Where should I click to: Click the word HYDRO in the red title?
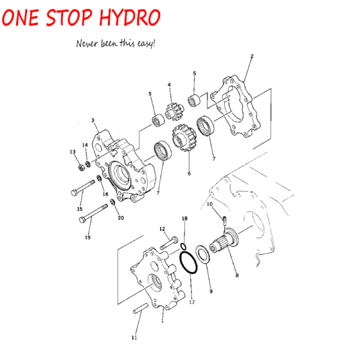point(130,17)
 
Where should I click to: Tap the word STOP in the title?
point(70,17)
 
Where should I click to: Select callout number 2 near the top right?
point(252,56)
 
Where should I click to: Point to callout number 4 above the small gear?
point(169,85)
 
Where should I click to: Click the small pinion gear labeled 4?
point(175,112)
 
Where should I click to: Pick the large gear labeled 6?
point(184,137)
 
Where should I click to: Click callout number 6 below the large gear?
point(189,173)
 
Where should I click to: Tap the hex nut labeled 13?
point(81,167)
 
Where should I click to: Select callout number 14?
point(85,145)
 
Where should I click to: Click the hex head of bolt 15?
point(74,193)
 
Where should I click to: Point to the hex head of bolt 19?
point(82,220)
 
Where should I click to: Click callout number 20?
point(121,218)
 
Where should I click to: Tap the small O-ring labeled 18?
point(183,247)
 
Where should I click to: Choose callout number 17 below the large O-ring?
point(192,302)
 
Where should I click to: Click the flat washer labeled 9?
point(203,254)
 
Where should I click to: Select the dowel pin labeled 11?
point(141,308)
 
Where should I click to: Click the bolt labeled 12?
point(169,243)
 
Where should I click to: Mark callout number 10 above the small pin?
point(209,204)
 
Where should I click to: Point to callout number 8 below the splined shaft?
point(237,275)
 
